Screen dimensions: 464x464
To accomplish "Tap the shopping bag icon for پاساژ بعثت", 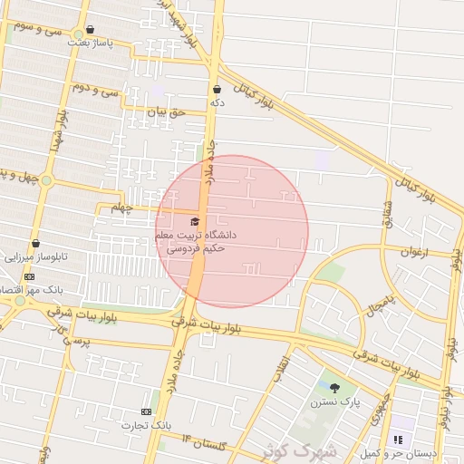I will pyautogui.click(x=90, y=30).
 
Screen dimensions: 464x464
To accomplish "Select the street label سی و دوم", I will pyautogui.click(x=95, y=90).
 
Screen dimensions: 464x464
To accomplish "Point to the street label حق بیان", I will pyautogui.click(x=165, y=112).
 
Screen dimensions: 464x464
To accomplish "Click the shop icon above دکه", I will pyautogui.click(x=217, y=90).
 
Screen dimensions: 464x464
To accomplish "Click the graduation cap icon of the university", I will pyautogui.click(x=194, y=221).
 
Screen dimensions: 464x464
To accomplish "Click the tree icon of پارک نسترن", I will pyautogui.click(x=334, y=388).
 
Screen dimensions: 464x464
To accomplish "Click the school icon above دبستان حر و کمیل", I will pyautogui.click(x=397, y=440).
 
